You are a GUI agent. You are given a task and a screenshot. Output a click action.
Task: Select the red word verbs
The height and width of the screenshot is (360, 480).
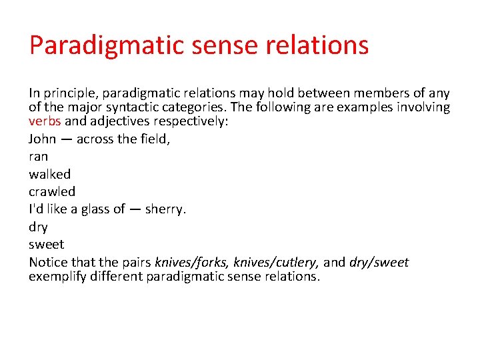(45, 121)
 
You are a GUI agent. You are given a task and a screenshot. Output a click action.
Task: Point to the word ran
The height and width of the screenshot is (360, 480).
(38, 157)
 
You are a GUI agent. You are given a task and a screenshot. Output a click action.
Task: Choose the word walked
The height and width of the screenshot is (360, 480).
(49, 174)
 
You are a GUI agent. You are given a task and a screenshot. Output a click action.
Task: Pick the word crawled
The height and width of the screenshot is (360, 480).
(52, 191)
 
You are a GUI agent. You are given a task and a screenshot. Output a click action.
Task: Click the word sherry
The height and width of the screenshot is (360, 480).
(165, 209)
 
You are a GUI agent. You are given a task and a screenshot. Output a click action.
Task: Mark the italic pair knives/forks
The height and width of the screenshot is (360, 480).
(191, 262)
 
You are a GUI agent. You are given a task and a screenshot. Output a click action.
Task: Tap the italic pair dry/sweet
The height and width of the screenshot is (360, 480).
(379, 262)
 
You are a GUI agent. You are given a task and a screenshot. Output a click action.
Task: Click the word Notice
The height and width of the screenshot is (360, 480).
(49, 262)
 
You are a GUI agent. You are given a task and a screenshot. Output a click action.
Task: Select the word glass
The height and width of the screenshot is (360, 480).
(95, 209)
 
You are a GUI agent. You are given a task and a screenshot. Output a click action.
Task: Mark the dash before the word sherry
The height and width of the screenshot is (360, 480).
(135, 209)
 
